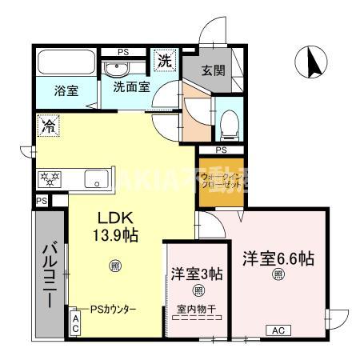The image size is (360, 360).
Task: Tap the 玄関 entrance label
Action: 213,70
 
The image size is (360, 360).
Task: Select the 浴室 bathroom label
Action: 66,90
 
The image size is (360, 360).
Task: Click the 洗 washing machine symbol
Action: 165,61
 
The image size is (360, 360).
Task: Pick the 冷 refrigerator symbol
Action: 46,126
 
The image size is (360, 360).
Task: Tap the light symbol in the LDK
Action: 114,266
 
